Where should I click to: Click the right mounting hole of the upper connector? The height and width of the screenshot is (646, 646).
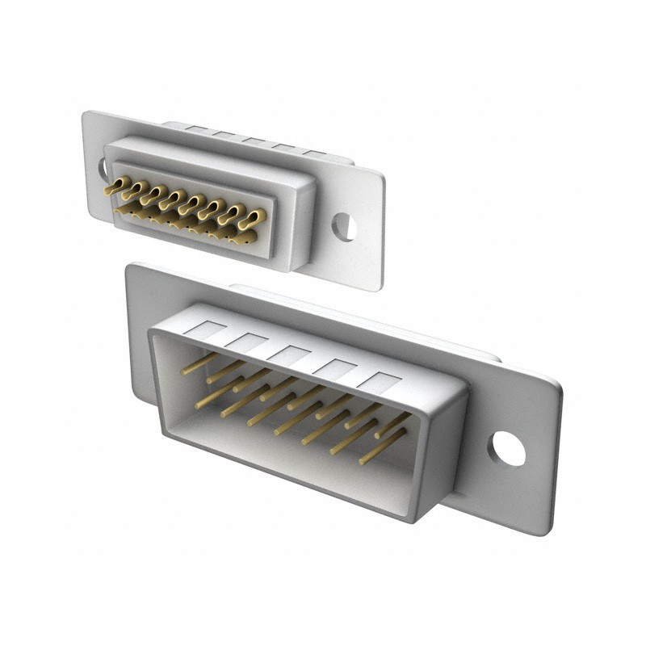(344, 227)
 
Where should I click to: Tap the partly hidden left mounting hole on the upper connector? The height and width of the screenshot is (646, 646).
(103, 169)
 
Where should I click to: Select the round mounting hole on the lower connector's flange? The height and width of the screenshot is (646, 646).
(507, 448)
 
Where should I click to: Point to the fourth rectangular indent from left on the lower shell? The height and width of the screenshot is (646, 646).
(334, 367)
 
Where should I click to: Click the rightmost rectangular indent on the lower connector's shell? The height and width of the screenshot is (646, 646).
(380, 381)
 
